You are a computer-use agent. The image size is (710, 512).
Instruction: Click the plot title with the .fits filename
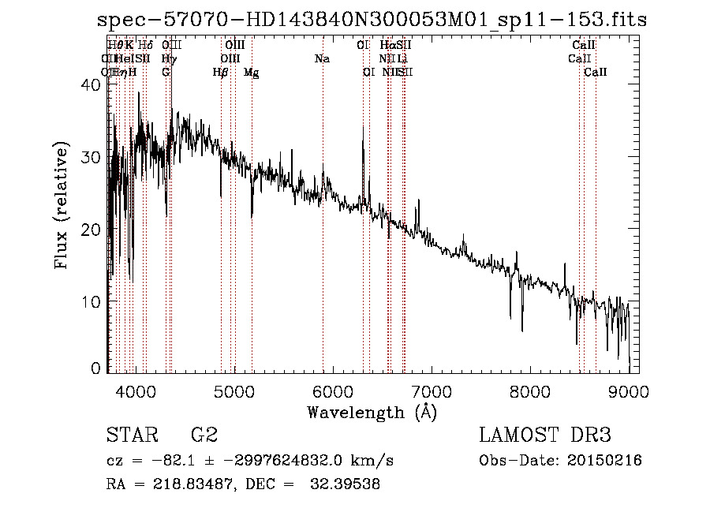tap(371, 20)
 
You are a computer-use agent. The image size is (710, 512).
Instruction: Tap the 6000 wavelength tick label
tap(332, 391)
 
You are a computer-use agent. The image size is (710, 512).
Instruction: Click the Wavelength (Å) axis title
tap(372, 412)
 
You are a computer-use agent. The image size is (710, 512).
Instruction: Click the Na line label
tap(322, 59)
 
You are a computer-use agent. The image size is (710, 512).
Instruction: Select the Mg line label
tap(251, 73)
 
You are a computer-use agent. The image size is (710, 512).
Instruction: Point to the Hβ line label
tap(221, 73)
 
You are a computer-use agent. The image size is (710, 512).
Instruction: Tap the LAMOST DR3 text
tap(545, 435)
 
